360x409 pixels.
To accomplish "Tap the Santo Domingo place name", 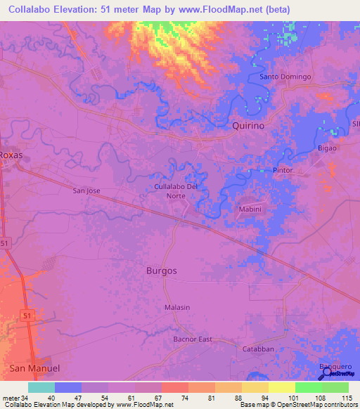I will (x=285, y=77).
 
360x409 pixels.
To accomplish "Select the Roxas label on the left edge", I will (x=12, y=155).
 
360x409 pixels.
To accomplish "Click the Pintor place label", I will (x=283, y=171).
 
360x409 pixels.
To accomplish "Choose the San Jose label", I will (x=87, y=190).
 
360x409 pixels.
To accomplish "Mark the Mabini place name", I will (x=250, y=209).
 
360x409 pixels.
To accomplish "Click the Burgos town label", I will (x=162, y=270).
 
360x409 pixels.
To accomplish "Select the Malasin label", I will (x=176, y=308).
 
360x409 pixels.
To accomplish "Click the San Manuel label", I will (x=35, y=368).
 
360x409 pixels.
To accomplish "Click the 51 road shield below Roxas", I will (x=6, y=242).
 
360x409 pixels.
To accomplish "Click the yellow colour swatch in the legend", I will (x=281, y=387).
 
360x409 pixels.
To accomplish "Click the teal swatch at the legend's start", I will (x=41, y=387).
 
